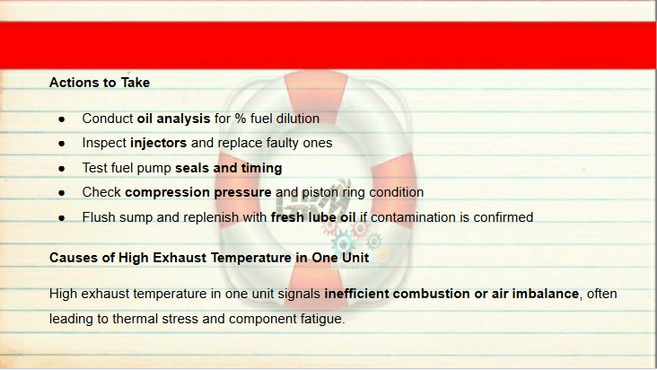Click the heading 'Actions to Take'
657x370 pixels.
100,83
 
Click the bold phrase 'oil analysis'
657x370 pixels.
173,119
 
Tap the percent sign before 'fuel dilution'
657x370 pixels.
241,119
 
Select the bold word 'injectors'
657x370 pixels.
158,143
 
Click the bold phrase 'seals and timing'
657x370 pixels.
228,168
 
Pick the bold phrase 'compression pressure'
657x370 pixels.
198,192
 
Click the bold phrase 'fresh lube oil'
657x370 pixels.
313,217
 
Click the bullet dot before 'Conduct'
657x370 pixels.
62,119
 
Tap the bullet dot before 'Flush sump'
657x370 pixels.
62,218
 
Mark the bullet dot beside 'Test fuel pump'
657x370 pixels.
62,169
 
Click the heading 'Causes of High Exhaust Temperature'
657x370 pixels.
209,258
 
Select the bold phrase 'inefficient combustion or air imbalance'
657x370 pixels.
451,294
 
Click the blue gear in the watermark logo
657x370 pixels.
343,243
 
